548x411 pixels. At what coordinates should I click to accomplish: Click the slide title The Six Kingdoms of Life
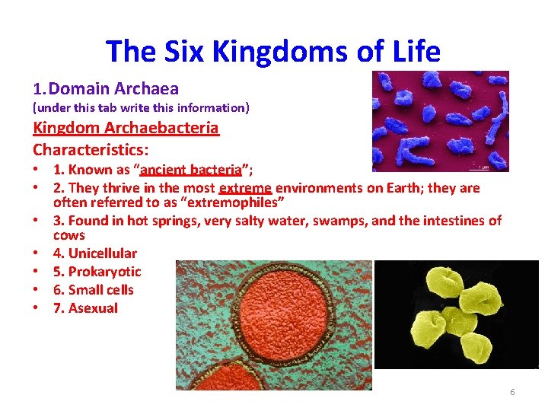(273, 52)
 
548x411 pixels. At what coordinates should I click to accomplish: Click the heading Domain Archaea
(113, 89)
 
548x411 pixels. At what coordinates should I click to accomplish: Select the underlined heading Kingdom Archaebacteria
(126, 128)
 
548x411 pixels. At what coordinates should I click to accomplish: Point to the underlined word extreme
(244, 188)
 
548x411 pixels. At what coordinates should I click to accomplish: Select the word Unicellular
(102, 253)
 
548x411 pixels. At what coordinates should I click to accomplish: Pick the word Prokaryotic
(104, 272)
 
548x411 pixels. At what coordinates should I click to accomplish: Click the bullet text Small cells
(100, 290)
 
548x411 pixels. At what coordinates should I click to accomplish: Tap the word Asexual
(93, 308)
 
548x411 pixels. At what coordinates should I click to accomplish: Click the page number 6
(512, 392)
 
